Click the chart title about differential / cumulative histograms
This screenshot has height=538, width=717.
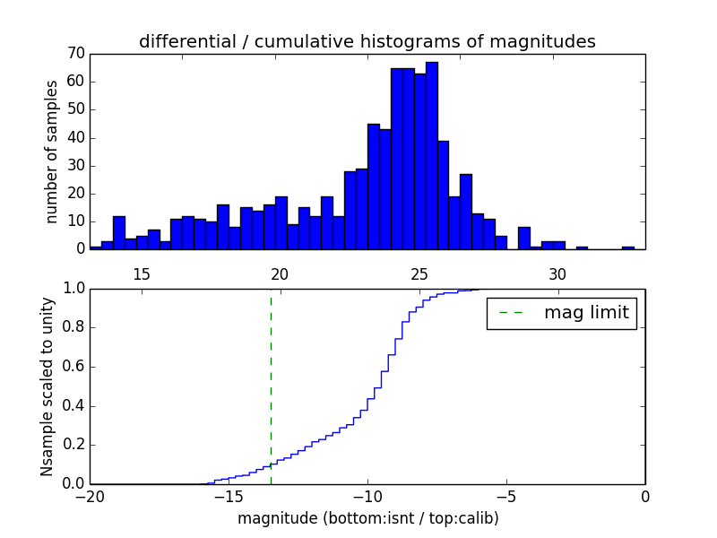(367, 41)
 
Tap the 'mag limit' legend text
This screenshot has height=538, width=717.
(586, 313)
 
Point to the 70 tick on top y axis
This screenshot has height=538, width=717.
(75, 54)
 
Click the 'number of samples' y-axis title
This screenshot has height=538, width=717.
(52, 151)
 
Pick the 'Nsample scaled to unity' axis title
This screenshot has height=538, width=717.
(47, 386)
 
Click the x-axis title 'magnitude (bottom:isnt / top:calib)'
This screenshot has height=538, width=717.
(367, 518)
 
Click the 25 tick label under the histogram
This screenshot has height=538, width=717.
(419, 273)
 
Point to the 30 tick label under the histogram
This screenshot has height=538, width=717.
(557, 273)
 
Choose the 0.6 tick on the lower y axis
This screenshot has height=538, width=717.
(73, 367)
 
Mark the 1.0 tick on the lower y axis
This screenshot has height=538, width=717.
(73, 289)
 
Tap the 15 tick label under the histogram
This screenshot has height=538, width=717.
(141, 273)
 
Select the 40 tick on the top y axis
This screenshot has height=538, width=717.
(75, 137)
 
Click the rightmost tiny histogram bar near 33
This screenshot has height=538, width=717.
(628, 247)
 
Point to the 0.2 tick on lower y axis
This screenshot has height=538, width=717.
(73, 445)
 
